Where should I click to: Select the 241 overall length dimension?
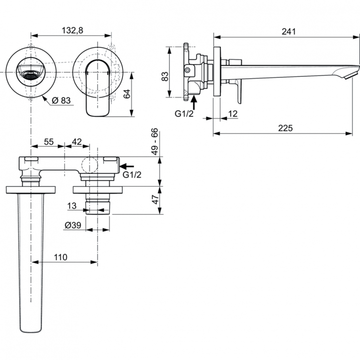(x=288, y=31)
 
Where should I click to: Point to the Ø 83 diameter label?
(x=61, y=100)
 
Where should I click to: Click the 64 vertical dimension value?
(x=127, y=93)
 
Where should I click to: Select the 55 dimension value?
(x=49, y=142)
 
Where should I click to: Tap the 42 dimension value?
(x=76, y=142)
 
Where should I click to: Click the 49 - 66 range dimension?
(x=155, y=142)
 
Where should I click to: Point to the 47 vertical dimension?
(x=155, y=200)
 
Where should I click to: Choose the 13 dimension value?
(x=72, y=205)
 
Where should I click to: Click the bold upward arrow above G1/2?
(x=193, y=101)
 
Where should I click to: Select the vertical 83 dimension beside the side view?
(x=165, y=76)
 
